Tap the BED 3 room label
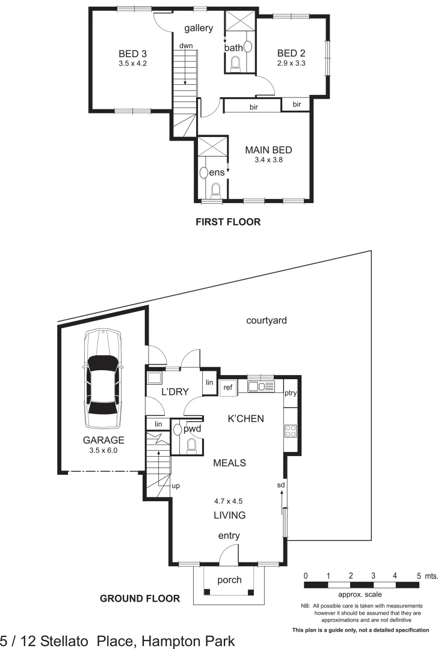point(133,52)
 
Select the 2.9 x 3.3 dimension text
point(292,62)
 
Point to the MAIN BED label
point(268,150)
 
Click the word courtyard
point(267,320)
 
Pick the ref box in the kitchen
point(227,388)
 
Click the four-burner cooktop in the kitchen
point(290,430)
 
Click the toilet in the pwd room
point(191,445)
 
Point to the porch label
point(229,580)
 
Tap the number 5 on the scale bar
point(419,576)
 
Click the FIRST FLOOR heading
point(228,222)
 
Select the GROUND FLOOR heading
point(140,598)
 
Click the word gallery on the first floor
point(199,28)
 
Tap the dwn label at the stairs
point(185,46)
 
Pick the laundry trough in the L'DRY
point(154,379)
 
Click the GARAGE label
point(104,439)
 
